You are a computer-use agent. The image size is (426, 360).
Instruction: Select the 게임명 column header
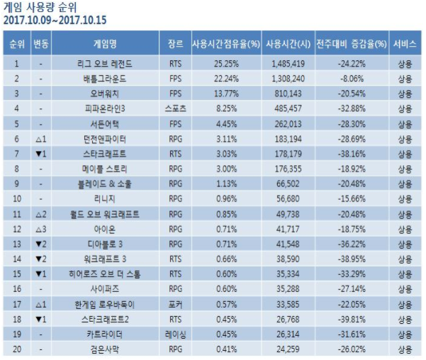tap(104, 43)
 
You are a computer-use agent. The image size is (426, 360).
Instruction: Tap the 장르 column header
tap(174, 43)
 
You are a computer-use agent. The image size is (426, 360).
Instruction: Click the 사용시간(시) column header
tap(287, 43)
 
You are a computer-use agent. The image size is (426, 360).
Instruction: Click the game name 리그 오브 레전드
tap(104, 64)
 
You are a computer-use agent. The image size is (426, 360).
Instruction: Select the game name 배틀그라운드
tap(104, 79)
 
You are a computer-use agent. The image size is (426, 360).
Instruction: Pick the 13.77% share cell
tap(225, 94)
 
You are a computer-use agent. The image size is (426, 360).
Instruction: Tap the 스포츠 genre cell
tap(174, 108)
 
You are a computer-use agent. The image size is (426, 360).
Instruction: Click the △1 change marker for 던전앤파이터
tap(41, 139)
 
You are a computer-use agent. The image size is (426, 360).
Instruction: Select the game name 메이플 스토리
tap(104, 169)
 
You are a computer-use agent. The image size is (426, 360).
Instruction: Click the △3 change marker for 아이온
tap(41, 229)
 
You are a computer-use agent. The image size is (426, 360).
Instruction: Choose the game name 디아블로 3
tap(104, 244)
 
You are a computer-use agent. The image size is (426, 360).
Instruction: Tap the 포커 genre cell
tap(174, 304)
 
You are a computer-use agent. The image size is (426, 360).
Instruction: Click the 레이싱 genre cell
tap(174, 334)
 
